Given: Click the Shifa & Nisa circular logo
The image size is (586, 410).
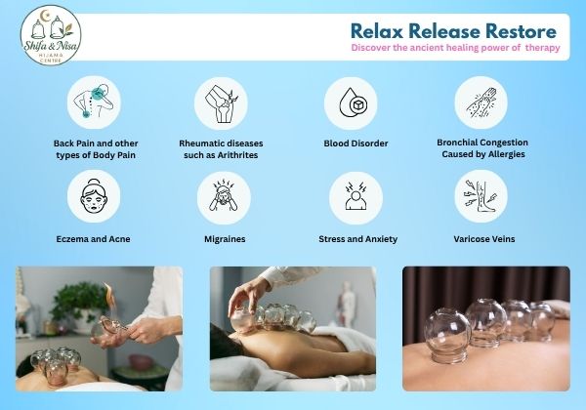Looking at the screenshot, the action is pos(51,35).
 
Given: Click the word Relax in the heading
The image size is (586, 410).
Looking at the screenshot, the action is pos(377,31).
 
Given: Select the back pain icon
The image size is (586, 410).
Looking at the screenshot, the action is pos(94,102).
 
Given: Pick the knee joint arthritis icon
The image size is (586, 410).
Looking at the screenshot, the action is pos(222,103).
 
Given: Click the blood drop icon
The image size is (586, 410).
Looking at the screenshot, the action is pos(351,103).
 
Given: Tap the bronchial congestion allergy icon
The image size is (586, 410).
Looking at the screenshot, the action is pos(481,102).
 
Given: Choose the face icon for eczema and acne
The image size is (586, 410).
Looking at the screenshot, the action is pos(94,196).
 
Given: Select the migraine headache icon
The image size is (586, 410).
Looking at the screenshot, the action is pos(224,198).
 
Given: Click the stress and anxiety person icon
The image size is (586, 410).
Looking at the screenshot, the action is pos(356,198).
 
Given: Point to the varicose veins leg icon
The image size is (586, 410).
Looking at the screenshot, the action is pos(481,196).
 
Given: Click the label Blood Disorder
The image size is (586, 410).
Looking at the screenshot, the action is pos(356,143).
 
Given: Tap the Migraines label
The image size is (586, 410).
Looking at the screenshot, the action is pos(225,239).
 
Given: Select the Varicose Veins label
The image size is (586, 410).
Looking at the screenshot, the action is pos(484,239).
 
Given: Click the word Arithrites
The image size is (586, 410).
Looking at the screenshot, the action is pos(237,155).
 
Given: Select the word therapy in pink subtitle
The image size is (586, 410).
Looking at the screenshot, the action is pos(543,48).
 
